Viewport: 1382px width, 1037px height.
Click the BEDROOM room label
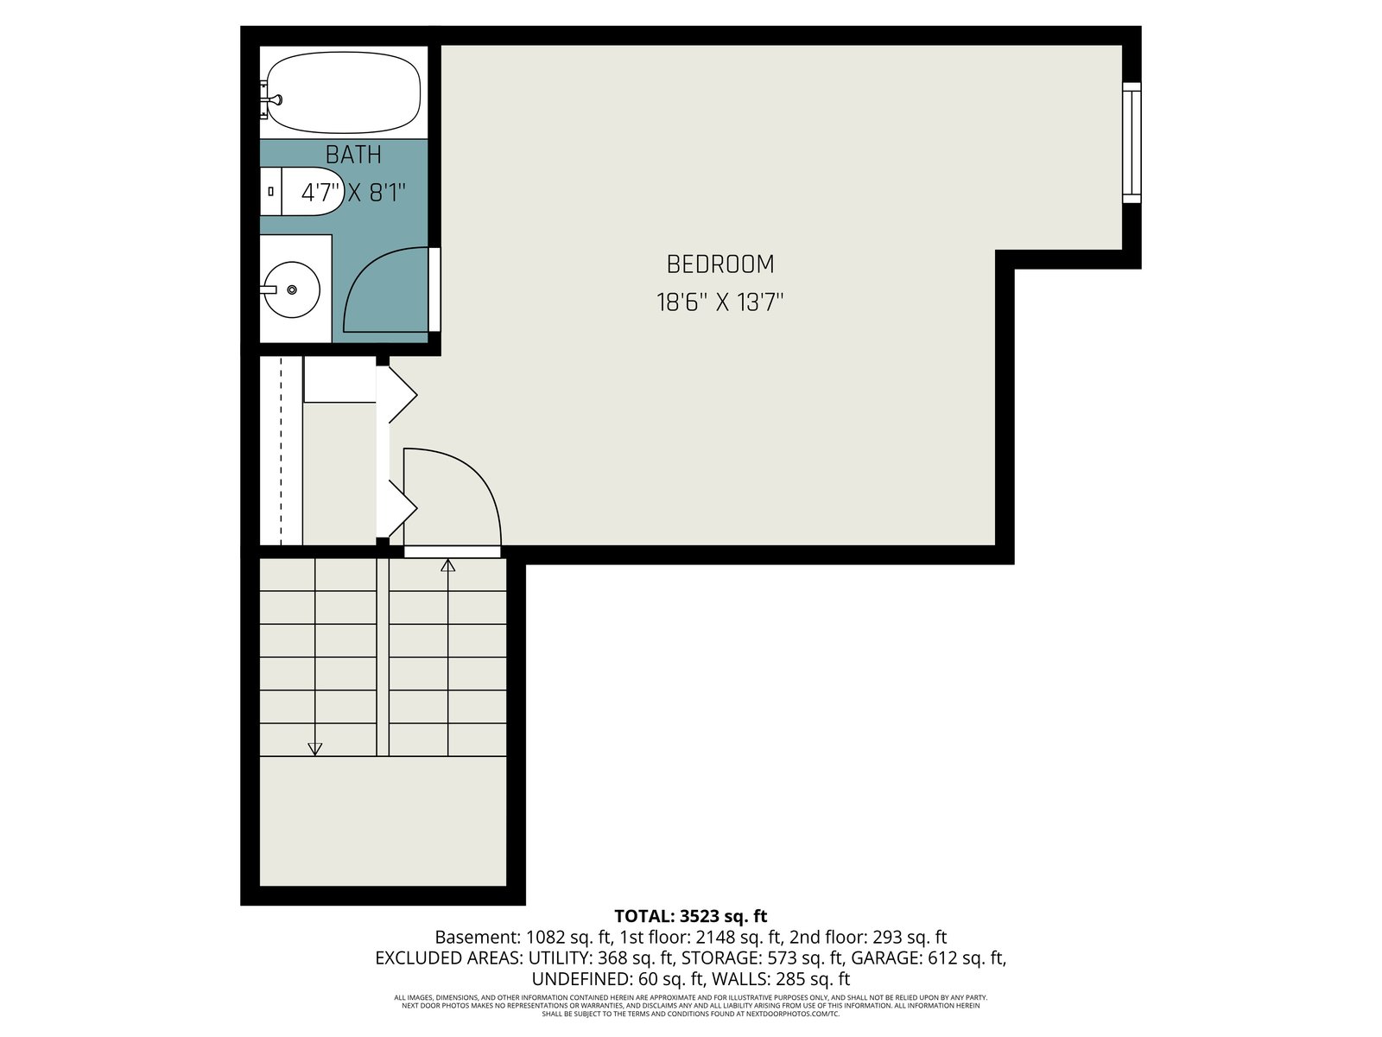[x=720, y=264]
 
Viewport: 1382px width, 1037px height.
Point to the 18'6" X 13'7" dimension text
[x=720, y=302]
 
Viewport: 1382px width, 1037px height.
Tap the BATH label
[x=353, y=155]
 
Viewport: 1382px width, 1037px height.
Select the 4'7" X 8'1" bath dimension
[x=353, y=192]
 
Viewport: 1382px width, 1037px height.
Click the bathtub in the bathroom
[x=343, y=92]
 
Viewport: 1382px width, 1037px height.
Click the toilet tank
[x=270, y=191]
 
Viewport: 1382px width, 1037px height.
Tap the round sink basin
[x=291, y=289]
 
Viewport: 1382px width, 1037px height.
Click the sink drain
[x=291, y=289]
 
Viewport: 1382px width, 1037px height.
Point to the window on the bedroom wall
[x=1132, y=143]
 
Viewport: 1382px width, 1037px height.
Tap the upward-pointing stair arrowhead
[x=447, y=565]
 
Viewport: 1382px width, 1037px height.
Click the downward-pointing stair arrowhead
[x=314, y=749]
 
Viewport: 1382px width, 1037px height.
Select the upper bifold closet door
[x=396, y=395]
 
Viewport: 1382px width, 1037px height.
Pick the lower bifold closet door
[x=396, y=508]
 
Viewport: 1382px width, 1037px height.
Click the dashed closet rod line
[x=282, y=451]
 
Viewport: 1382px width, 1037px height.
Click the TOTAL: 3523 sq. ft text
[x=691, y=915]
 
